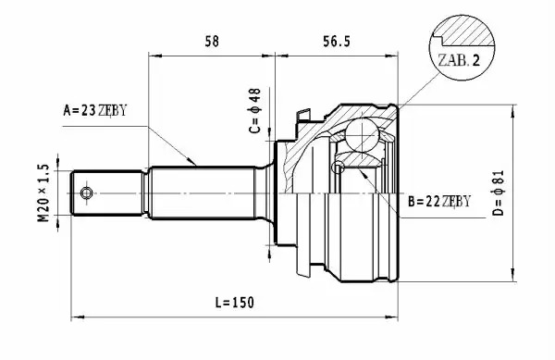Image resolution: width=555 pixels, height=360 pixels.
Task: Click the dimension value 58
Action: click(212, 42)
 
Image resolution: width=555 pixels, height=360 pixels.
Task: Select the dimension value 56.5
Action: click(337, 42)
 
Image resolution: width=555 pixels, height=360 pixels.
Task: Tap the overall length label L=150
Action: click(235, 303)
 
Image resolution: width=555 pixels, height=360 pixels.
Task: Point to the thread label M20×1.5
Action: click(43, 192)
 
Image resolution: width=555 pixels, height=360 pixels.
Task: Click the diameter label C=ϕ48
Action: click(255, 111)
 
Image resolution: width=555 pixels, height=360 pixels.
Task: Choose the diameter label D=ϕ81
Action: click(498, 192)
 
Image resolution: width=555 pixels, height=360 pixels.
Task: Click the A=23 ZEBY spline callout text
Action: click(95, 110)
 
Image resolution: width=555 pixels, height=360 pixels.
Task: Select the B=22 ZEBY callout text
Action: click(439, 202)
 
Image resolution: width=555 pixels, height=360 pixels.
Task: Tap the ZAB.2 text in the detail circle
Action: click(459, 60)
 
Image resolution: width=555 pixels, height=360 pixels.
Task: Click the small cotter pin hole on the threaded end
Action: click(86, 192)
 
